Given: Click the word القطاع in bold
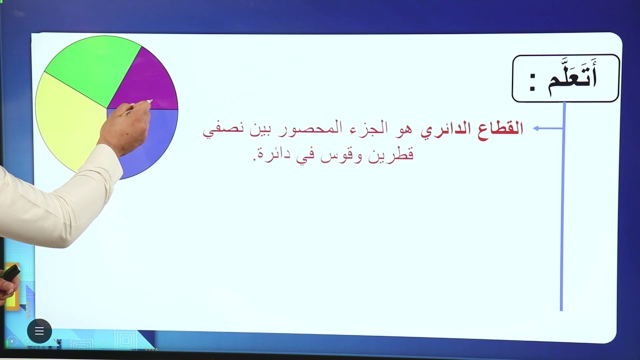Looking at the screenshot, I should click(500, 129).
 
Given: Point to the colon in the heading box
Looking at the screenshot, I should click(532, 83).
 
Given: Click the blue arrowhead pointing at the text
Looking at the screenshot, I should click(536, 128).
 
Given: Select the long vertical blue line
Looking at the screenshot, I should click(562, 210).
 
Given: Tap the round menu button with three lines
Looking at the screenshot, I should click(39, 331).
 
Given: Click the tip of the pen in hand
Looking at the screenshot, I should click(149, 101).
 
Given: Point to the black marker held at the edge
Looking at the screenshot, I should click(10, 272).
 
